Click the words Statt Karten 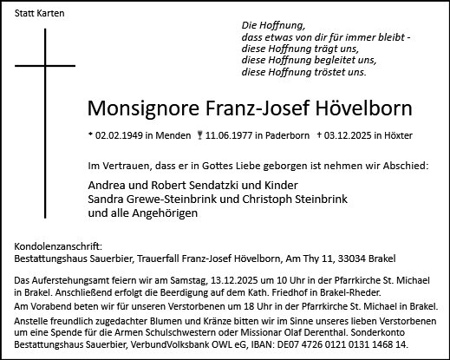tap(36, 16)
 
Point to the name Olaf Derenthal tap(349, 332)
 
